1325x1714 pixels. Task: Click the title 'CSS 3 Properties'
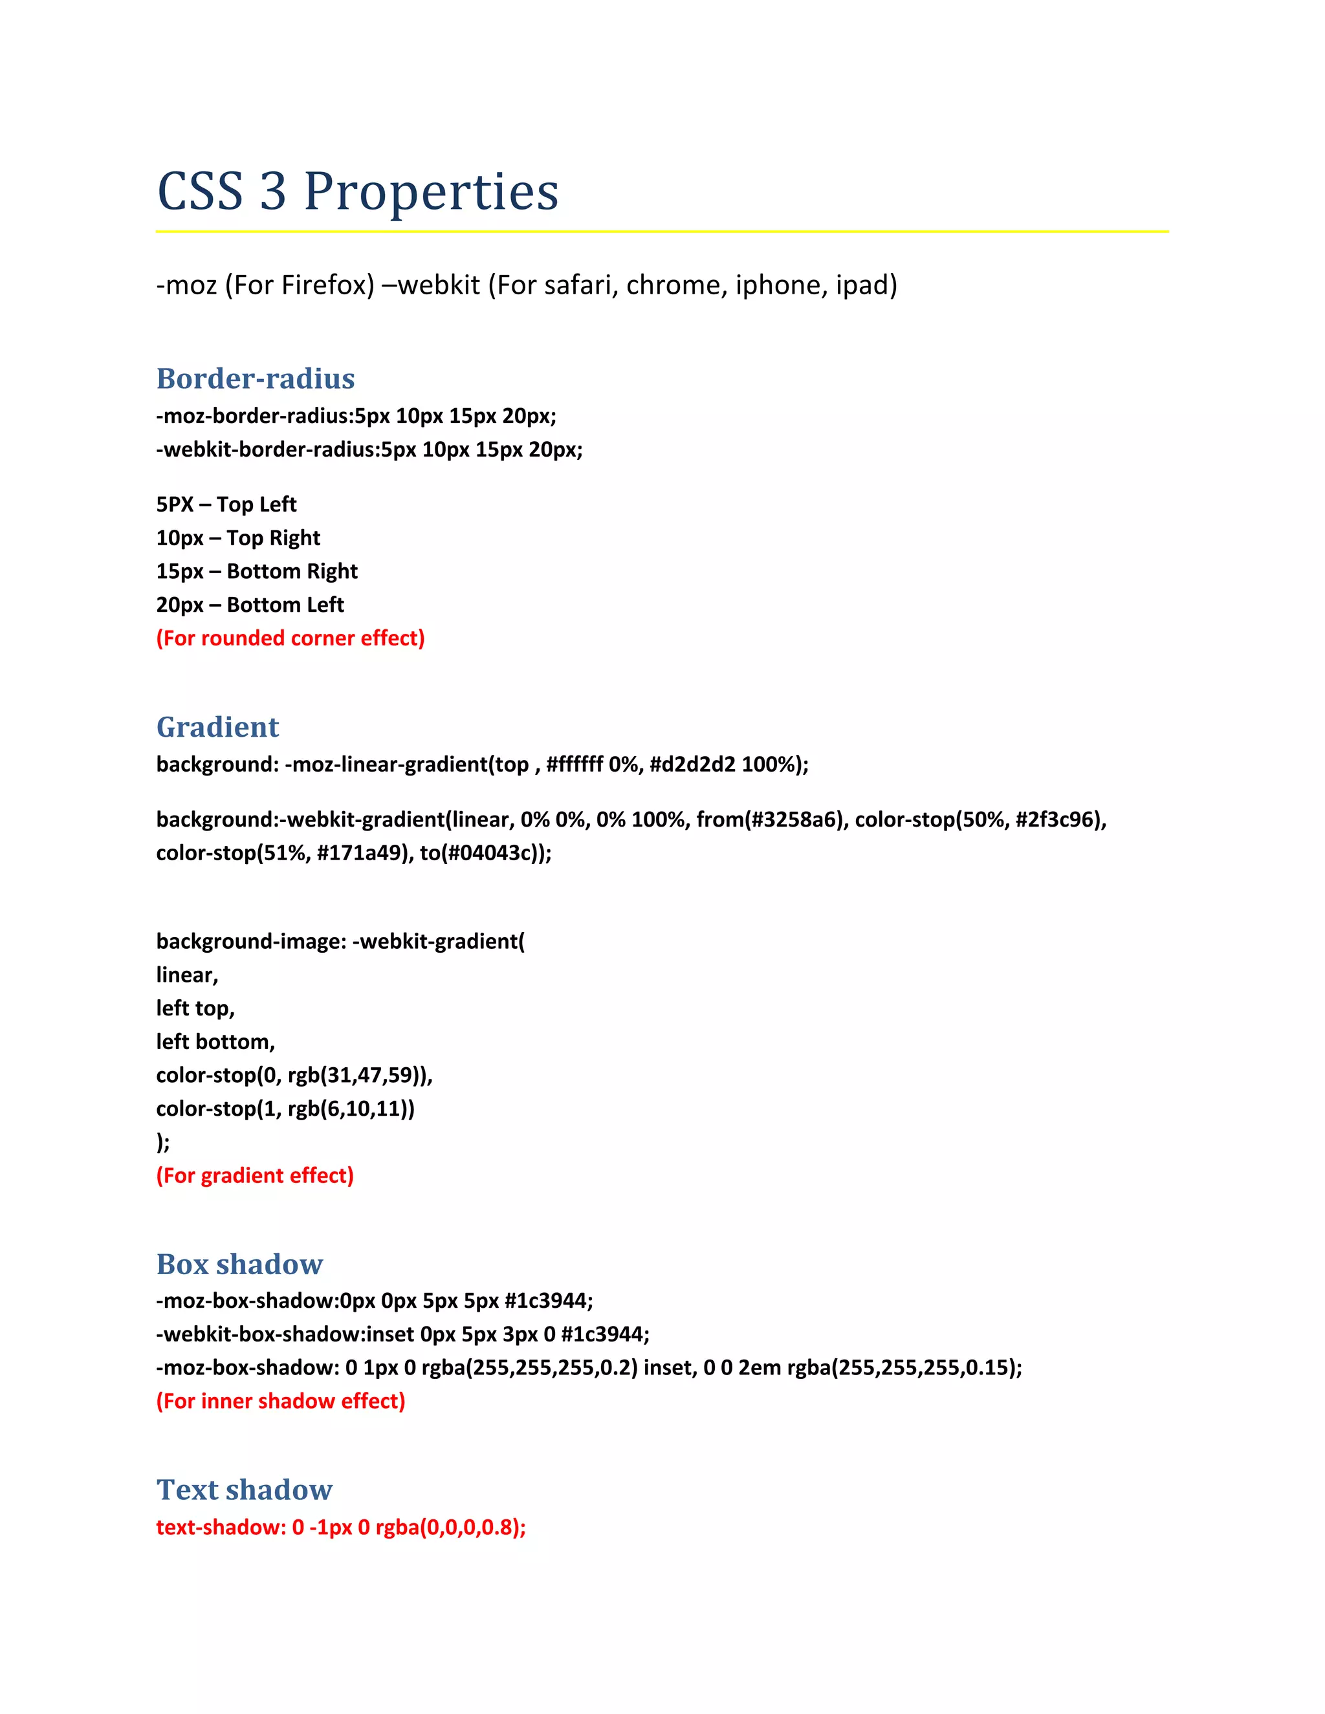[x=358, y=191]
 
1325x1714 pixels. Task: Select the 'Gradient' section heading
[x=217, y=727]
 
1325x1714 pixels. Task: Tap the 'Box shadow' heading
[x=239, y=1264]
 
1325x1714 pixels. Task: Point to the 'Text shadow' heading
[x=244, y=1490]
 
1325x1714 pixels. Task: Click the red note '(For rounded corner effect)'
[x=290, y=638]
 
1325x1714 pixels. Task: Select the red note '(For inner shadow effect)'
[x=281, y=1401]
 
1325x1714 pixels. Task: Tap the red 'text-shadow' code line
[x=341, y=1527]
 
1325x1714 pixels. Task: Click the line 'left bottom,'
[x=216, y=1041]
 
